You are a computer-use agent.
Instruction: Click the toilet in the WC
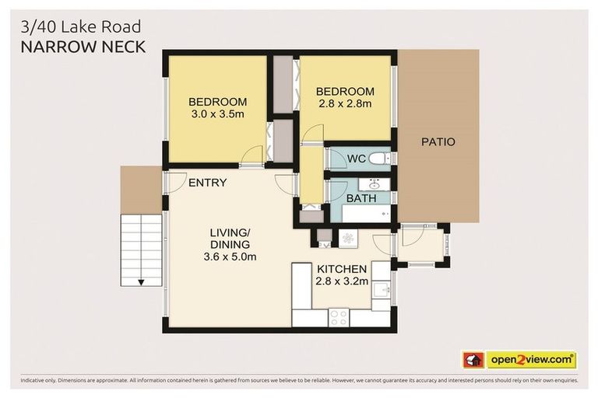(378, 159)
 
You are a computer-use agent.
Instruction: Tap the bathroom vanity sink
(373, 186)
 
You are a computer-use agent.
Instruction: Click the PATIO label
(438, 142)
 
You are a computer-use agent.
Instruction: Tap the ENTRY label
(208, 183)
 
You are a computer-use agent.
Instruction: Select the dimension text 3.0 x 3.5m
(217, 115)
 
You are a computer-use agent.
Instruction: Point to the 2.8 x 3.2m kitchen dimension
(342, 283)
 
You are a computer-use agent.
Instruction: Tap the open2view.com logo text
(530, 360)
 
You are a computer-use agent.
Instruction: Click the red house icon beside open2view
(473, 360)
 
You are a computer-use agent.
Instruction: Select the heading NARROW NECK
(83, 47)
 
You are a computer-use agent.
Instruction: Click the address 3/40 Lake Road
(82, 26)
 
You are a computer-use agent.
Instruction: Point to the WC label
(357, 159)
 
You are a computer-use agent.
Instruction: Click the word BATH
(361, 199)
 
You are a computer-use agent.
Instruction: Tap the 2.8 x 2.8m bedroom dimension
(344, 103)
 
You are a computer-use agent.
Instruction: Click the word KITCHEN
(342, 270)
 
